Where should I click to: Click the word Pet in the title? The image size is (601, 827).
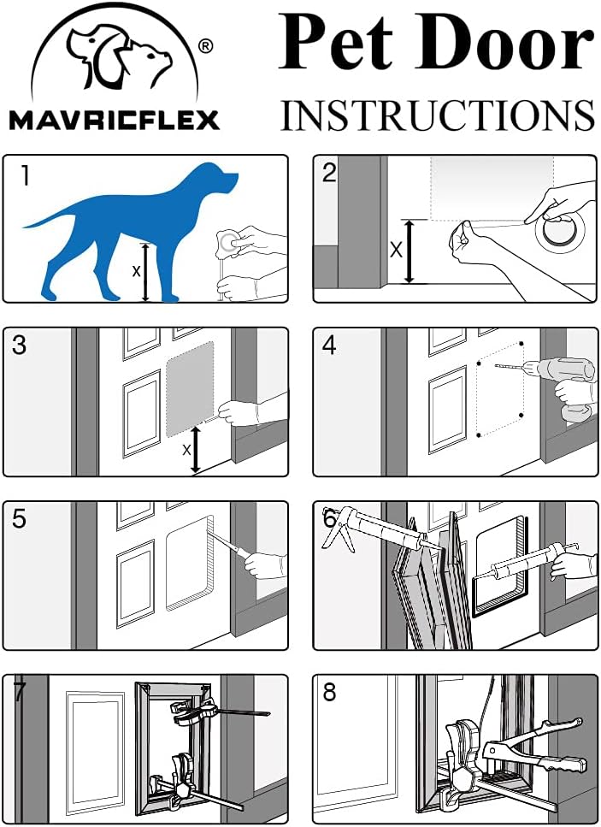pos(337,44)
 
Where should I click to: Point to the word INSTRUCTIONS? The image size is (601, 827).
pos(437,115)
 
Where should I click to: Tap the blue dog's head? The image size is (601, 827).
pos(217,180)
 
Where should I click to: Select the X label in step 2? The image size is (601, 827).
pos(395,251)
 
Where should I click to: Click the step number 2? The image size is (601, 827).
pos(330,174)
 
